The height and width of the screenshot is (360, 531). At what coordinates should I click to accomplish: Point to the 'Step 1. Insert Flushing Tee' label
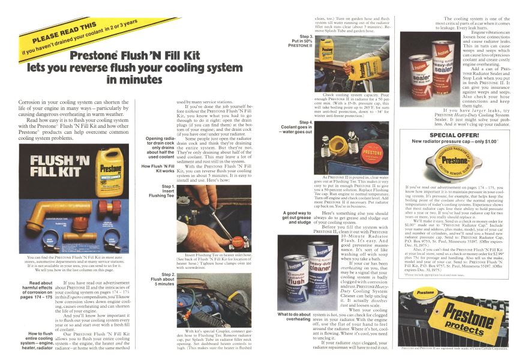click(158, 190)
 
